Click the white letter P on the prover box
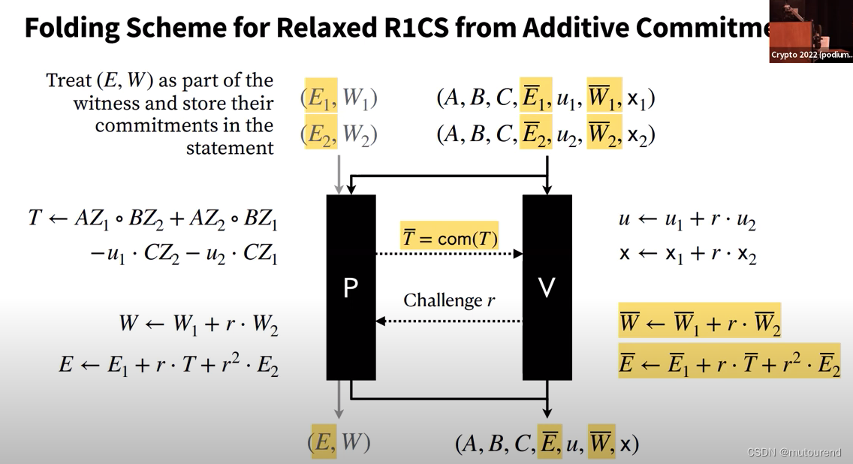(x=350, y=288)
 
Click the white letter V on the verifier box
(x=547, y=288)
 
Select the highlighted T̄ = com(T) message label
(x=449, y=238)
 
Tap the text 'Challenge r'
(x=449, y=300)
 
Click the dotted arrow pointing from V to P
(x=448, y=321)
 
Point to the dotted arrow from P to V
(x=448, y=254)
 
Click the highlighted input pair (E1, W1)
(x=340, y=98)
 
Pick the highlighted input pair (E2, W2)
(x=340, y=134)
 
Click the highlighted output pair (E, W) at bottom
(x=339, y=442)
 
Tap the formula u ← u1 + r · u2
(x=686, y=220)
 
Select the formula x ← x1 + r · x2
(x=686, y=254)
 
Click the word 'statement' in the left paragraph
(x=230, y=148)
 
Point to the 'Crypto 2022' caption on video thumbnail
(x=811, y=55)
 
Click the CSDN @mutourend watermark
(x=794, y=452)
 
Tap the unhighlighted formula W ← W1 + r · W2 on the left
(x=198, y=325)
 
